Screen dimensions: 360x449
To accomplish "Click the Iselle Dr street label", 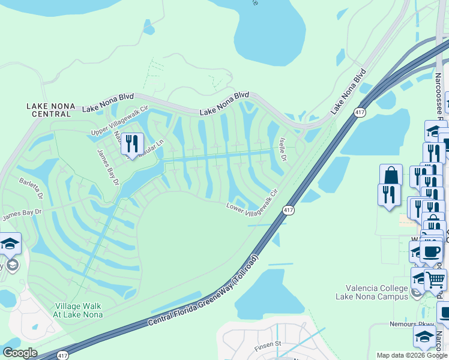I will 283,148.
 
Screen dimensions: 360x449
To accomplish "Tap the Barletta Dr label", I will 31,188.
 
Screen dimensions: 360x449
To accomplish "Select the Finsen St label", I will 268,344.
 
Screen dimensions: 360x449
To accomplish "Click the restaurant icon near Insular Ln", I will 131,144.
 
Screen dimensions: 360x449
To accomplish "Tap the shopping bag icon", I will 391,175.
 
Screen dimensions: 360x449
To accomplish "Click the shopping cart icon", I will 435,279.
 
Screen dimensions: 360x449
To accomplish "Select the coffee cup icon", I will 430,250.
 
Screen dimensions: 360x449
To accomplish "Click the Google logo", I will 20,353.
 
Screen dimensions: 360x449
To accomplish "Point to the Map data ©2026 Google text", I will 411,355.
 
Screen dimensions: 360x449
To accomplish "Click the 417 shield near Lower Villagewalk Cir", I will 289,210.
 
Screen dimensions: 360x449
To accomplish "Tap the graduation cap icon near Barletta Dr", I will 10,244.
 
